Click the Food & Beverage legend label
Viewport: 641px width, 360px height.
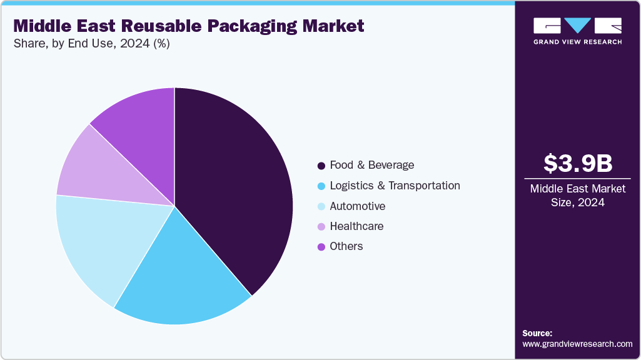click(371, 165)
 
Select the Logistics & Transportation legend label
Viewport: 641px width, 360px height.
click(395, 186)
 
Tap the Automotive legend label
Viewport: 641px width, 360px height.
click(357, 206)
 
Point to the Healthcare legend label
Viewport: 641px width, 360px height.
click(356, 226)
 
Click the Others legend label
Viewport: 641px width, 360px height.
click(346, 246)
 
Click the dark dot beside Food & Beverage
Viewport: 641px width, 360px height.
click(321, 166)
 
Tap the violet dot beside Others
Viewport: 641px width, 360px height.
click(321, 247)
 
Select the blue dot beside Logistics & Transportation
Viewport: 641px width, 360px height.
click(321, 186)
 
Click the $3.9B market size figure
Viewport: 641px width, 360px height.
click(577, 163)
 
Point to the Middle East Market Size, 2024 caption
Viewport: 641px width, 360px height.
click(577, 196)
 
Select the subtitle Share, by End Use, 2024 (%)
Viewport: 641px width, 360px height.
click(91, 44)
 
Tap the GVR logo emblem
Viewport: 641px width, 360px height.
click(577, 26)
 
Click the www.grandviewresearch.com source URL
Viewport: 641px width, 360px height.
click(577, 344)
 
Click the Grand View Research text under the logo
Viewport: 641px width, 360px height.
click(577, 42)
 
